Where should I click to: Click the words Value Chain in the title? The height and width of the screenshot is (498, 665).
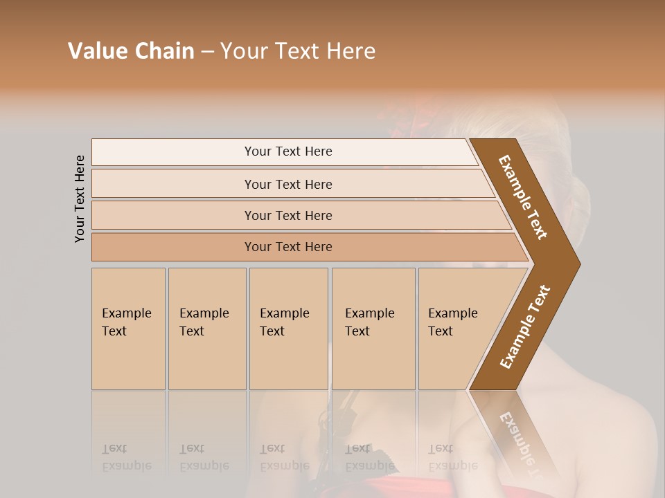pos(131,51)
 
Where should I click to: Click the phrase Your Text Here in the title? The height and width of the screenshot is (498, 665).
pos(298,51)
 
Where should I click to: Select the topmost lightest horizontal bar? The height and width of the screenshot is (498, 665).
pos(287,151)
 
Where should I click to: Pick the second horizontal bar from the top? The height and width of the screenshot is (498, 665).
pos(287,184)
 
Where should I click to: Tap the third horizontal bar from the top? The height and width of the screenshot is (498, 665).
pos(287,215)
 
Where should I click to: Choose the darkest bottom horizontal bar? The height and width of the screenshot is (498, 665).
pos(287,247)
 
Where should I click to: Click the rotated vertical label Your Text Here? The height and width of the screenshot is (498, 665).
pos(80,199)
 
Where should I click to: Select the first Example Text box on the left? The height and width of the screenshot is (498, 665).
pos(127,328)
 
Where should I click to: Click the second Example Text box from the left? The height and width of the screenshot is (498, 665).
pos(206,328)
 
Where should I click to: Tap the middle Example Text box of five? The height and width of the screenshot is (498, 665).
pos(287,328)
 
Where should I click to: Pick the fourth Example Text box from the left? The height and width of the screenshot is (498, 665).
pos(373,328)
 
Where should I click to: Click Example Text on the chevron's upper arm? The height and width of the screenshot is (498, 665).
pos(523,197)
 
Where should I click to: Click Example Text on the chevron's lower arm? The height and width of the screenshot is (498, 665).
pos(524,327)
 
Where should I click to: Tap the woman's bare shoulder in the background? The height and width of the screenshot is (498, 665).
pos(610,443)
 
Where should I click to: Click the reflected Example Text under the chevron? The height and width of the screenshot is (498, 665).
pos(520,443)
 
